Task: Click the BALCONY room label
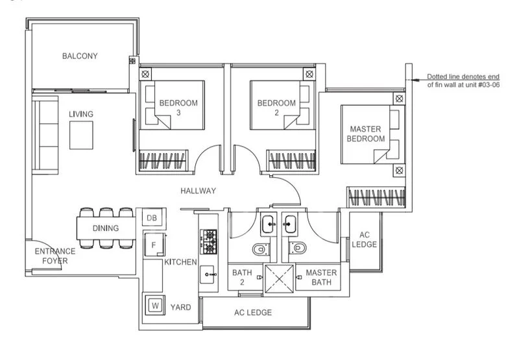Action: tap(80, 56)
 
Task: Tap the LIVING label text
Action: tap(81, 114)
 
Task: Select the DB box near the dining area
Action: tap(151, 218)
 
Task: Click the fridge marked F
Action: tap(153, 245)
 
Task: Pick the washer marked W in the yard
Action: tap(156, 305)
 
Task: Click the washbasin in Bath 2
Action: tap(269, 224)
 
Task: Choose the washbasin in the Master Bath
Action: tap(290, 224)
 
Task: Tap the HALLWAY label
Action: tap(199, 191)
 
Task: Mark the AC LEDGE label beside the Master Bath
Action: tap(364, 239)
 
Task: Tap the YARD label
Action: tap(180, 307)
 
